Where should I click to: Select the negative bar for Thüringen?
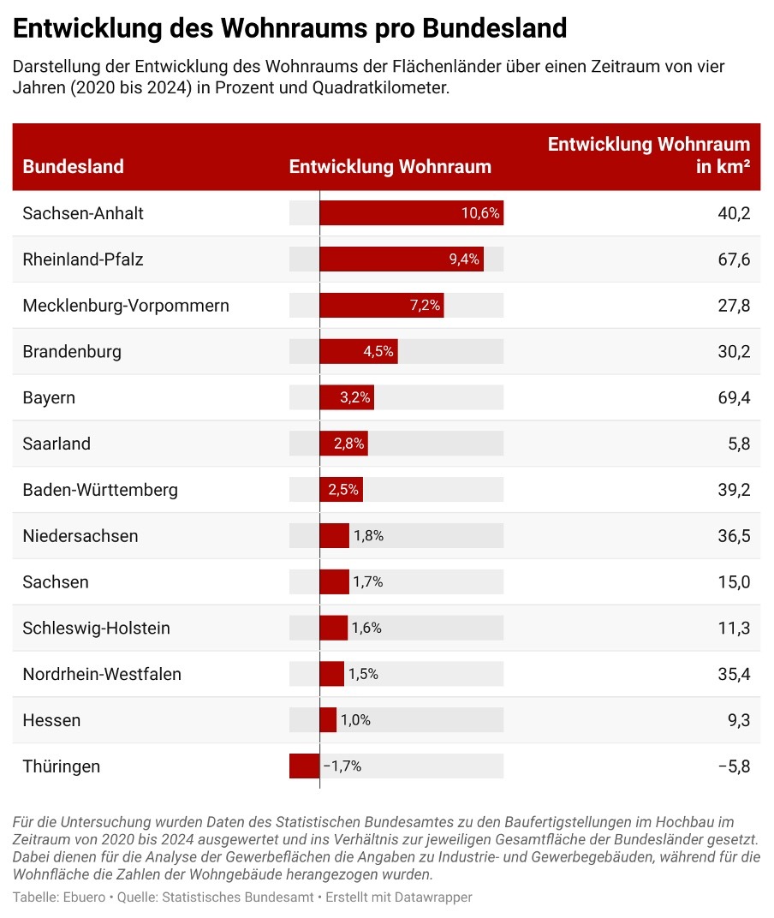pos(304,766)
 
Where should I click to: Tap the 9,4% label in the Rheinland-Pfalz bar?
pos(464,259)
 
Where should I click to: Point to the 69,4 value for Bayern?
pos(734,397)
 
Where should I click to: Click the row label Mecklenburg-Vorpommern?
pos(126,306)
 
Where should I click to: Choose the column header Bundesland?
pos(73,166)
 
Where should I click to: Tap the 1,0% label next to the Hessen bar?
pos(355,720)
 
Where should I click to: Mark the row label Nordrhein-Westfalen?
pos(102,674)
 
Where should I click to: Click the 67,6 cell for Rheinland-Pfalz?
pos(734,259)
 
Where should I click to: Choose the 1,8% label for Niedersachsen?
pos(368,536)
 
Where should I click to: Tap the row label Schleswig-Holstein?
pos(96,628)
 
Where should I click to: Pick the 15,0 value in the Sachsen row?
pos(734,582)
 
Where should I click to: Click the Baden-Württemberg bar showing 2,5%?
pos(341,490)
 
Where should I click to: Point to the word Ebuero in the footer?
pos(84,897)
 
